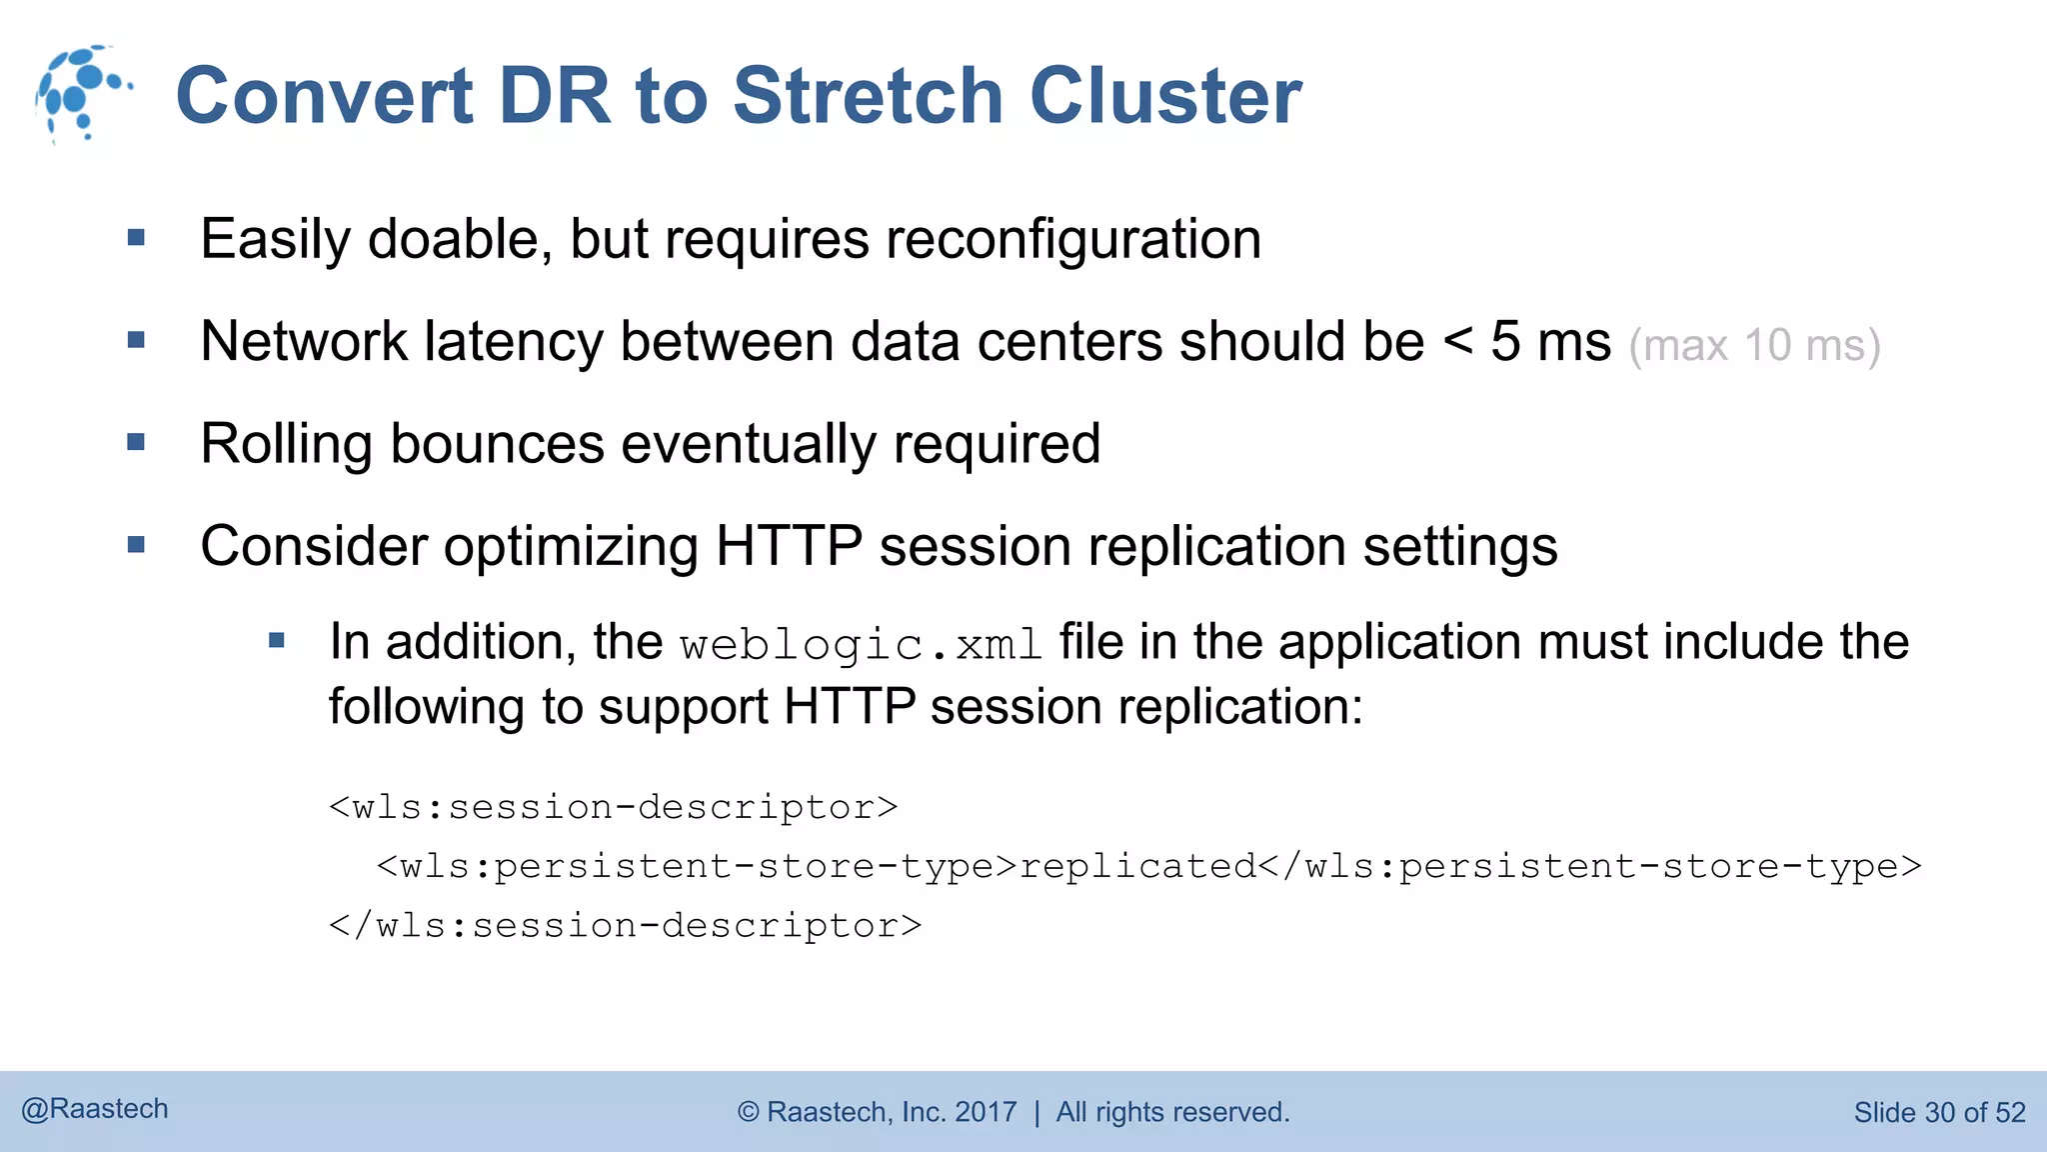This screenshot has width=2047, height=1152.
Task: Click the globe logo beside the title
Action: pos(82,94)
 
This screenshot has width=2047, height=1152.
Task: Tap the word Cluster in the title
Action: pos(1165,96)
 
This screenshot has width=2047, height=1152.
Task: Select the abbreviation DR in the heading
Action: pos(553,96)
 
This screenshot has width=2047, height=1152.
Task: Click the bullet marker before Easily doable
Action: pos(137,238)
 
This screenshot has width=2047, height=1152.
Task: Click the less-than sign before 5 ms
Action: pos(1458,342)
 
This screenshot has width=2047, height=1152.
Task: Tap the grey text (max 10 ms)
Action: pos(1754,346)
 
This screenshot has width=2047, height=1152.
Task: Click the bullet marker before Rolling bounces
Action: pos(137,442)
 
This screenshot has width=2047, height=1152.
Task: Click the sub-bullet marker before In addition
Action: pos(278,641)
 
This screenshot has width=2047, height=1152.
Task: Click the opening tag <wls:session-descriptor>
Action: pos(614,807)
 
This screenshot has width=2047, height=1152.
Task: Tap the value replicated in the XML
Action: pos(1137,866)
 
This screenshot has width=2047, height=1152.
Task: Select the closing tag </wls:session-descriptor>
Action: pos(626,926)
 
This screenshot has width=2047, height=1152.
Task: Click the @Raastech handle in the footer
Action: pos(95,1109)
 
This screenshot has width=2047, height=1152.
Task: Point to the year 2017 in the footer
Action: pos(986,1112)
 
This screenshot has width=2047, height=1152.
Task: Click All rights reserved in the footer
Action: pos(1172,1112)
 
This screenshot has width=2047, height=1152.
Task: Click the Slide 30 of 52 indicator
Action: pos(1939,1112)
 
